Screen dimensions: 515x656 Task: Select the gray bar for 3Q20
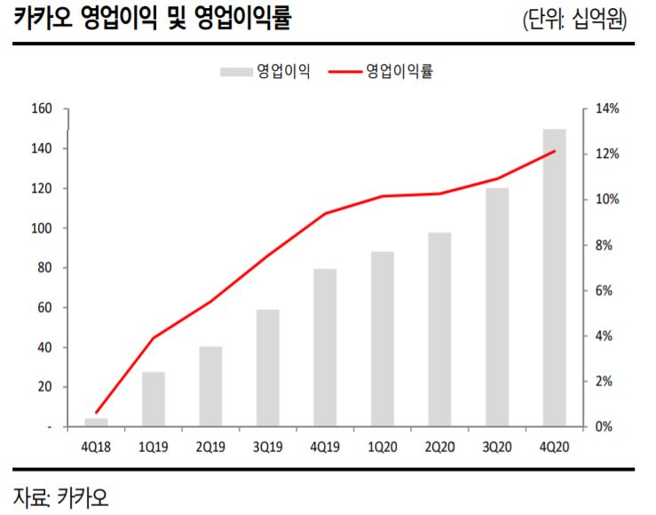coord(497,307)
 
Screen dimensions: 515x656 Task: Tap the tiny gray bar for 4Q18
coord(96,423)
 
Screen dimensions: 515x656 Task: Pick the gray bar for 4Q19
coord(325,347)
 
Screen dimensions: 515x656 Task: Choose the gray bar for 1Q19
coord(154,399)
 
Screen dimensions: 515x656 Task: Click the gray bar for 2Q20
coord(439,329)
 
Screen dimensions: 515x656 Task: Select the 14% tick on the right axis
coord(606,109)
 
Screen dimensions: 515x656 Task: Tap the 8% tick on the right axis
coord(605,245)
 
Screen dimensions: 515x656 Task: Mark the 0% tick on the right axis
coord(605,427)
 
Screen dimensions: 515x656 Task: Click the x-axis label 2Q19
coord(210,448)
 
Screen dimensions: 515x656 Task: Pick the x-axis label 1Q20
coord(382,448)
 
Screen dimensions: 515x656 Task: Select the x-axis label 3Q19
coord(268,448)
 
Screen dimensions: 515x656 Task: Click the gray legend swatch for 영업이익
coord(235,71)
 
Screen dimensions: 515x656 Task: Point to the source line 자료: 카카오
coord(60,495)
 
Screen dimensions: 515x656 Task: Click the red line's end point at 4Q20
coord(554,152)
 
